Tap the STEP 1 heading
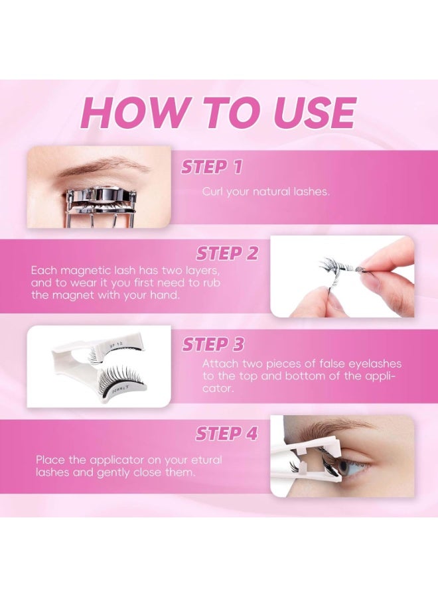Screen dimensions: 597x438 pyautogui.click(x=212, y=167)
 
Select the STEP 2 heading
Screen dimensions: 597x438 pyautogui.click(x=226, y=254)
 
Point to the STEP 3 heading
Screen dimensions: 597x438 pyautogui.click(x=213, y=345)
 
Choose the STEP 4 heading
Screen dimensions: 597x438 pyautogui.click(x=226, y=434)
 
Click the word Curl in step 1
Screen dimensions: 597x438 pyautogui.click(x=213, y=192)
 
